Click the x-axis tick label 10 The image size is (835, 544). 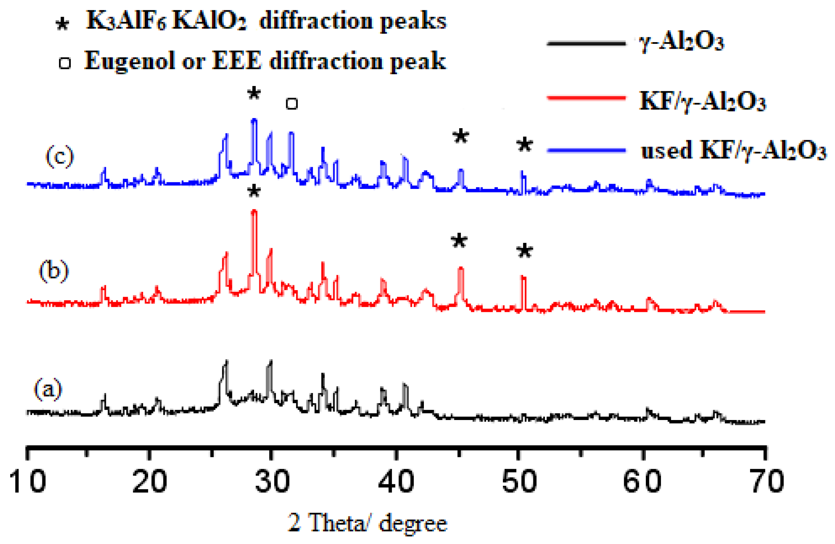(x=27, y=481)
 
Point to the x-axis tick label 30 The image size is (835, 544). (x=272, y=481)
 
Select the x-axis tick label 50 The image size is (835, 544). (x=519, y=481)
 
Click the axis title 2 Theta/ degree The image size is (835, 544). (x=367, y=523)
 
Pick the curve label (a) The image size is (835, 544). (x=48, y=389)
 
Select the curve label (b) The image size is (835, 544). (x=53, y=271)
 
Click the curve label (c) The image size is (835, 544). (x=60, y=156)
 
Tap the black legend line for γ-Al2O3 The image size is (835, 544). (x=586, y=44)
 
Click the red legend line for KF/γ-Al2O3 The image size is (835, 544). (x=586, y=98)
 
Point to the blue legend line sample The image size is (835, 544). (x=586, y=150)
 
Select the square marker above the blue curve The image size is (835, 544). (x=292, y=104)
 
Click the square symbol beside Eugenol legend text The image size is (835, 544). (x=65, y=63)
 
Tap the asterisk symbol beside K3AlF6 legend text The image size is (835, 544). (x=62, y=25)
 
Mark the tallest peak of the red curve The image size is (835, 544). (x=254, y=211)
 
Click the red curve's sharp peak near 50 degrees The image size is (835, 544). (x=523, y=277)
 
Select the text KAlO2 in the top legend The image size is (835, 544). (x=209, y=21)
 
